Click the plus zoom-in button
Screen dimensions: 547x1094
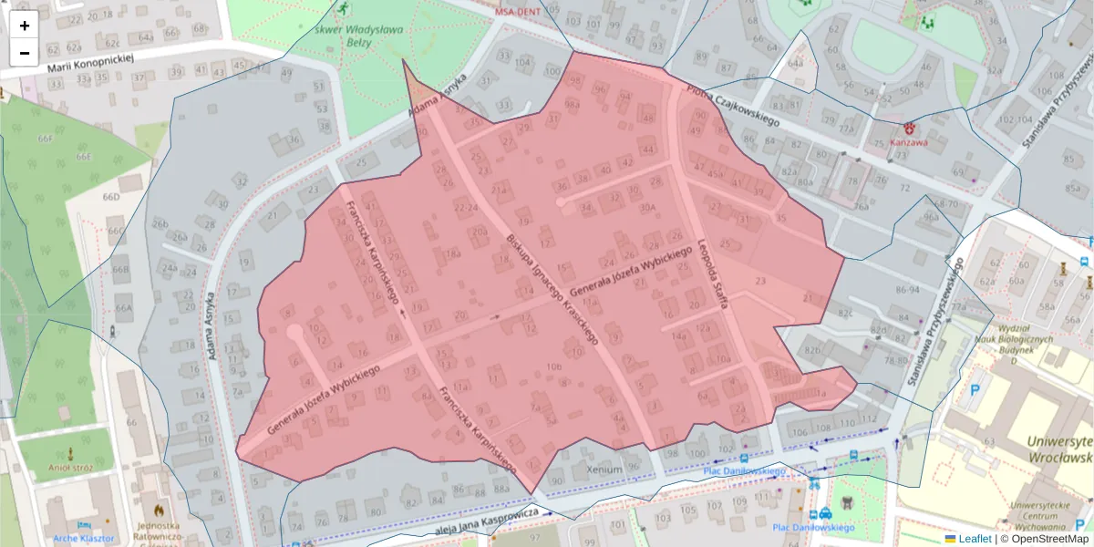25,26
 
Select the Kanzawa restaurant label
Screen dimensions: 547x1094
909,143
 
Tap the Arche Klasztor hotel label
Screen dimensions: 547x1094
84,538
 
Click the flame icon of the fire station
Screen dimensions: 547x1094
160,511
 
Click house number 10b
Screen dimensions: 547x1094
554,366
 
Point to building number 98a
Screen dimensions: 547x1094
573,105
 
